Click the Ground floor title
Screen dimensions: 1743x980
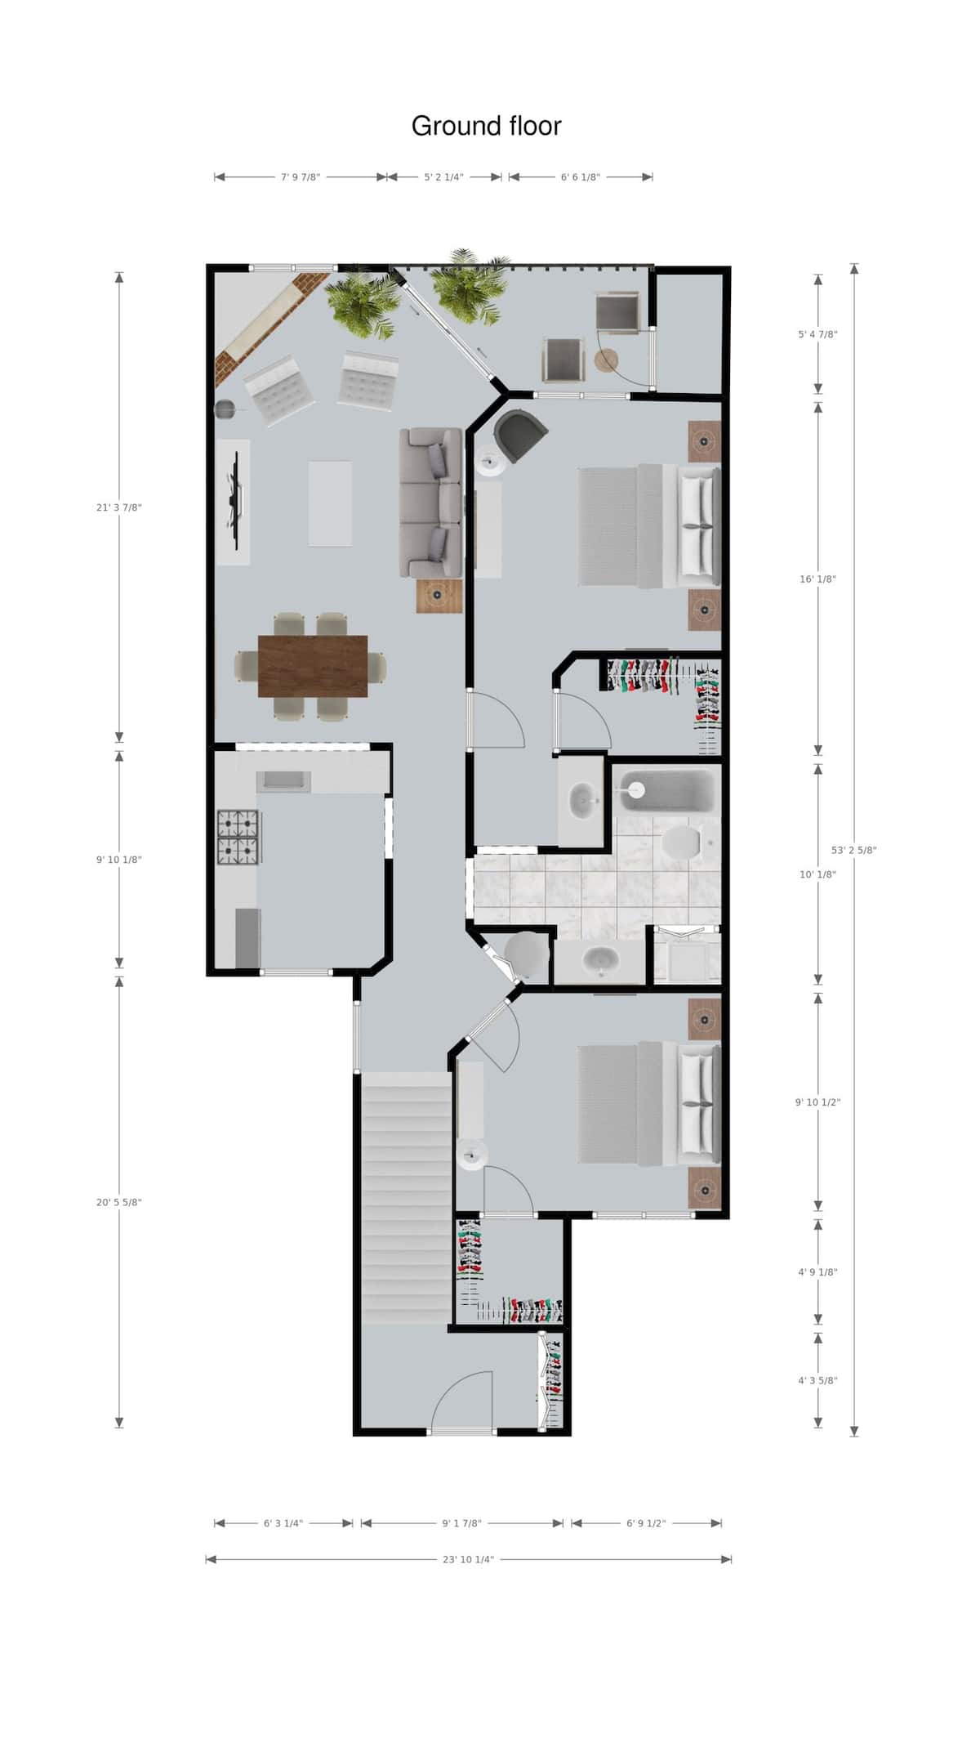486,126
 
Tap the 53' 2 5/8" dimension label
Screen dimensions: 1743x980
854,850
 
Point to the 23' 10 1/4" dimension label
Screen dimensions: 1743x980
468,1559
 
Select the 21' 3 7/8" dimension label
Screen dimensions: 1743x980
119,507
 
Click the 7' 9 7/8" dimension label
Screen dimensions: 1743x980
301,177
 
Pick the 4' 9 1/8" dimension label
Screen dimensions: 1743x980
817,1272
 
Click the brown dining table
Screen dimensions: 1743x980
312,666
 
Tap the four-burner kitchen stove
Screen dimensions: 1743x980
238,837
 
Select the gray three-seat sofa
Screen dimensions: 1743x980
430,503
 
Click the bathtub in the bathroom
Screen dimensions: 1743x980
664,790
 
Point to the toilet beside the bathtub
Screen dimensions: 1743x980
682,842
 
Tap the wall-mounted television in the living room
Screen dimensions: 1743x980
236,497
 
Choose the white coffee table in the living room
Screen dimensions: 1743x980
330,503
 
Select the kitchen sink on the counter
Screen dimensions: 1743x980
283,781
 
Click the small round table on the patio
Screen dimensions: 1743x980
607,360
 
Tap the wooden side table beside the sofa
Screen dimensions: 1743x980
439,596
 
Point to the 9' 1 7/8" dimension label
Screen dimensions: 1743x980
462,1523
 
